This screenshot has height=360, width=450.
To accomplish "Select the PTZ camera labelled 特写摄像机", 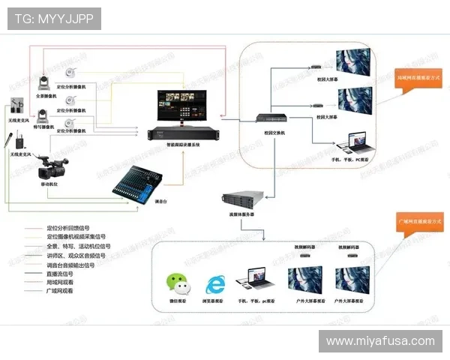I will pyautogui.click(x=44, y=114).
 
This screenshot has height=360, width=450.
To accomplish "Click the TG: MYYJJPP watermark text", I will pyautogui.click(x=53, y=19).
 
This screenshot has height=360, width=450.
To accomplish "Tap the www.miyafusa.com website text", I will pyautogui.click(x=380, y=341).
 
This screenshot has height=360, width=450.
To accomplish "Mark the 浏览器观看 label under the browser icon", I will pyautogui.click(x=217, y=303).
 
